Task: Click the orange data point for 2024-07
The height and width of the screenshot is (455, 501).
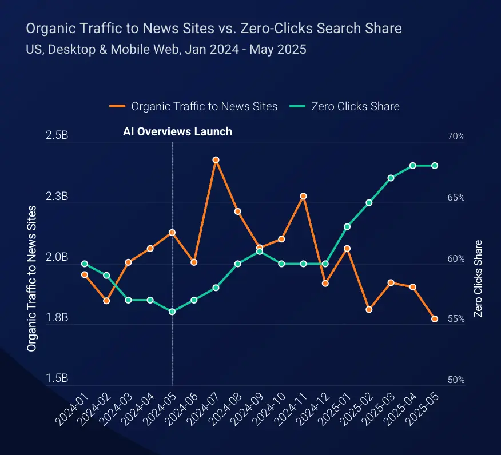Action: [x=216, y=160]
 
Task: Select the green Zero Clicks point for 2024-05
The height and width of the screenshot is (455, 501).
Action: [x=172, y=312]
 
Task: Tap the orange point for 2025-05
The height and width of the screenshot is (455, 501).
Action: [x=435, y=319]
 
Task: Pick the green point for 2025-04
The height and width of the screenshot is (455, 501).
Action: [x=412, y=166]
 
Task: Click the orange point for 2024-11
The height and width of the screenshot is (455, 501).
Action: [x=303, y=196]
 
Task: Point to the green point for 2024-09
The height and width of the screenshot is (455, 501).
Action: [x=260, y=252]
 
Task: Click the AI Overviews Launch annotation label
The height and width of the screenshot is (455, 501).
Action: [x=177, y=131]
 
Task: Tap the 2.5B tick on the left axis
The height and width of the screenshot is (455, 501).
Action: [x=57, y=137]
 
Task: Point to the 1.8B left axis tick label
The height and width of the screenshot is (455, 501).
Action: [x=57, y=318]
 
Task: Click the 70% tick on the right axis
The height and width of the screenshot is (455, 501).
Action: [x=456, y=137]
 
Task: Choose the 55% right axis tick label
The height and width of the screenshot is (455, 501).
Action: [x=456, y=319]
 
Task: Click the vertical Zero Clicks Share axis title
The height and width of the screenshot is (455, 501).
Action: [x=478, y=278]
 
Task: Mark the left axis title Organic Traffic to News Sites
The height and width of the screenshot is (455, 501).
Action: [x=32, y=278]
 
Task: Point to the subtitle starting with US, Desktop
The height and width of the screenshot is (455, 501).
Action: [x=166, y=49]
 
